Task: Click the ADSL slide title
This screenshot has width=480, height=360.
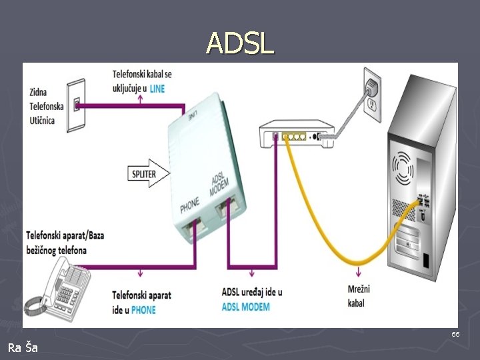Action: coord(240,43)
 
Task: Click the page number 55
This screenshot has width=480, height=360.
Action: coord(455,333)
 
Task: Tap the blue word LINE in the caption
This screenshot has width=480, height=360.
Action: coord(157,88)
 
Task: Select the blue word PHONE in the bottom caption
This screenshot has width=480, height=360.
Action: coord(143,309)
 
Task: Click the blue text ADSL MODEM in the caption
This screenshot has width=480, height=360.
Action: coord(245,307)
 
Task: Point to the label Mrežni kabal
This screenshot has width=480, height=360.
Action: coord(359,295)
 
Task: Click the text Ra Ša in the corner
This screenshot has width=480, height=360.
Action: coord(23,347)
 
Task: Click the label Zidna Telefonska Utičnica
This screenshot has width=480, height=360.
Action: coord(47,106)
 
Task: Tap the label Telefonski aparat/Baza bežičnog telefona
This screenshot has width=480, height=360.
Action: coord(65,243)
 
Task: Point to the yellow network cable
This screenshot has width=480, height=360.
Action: coord(333,227)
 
